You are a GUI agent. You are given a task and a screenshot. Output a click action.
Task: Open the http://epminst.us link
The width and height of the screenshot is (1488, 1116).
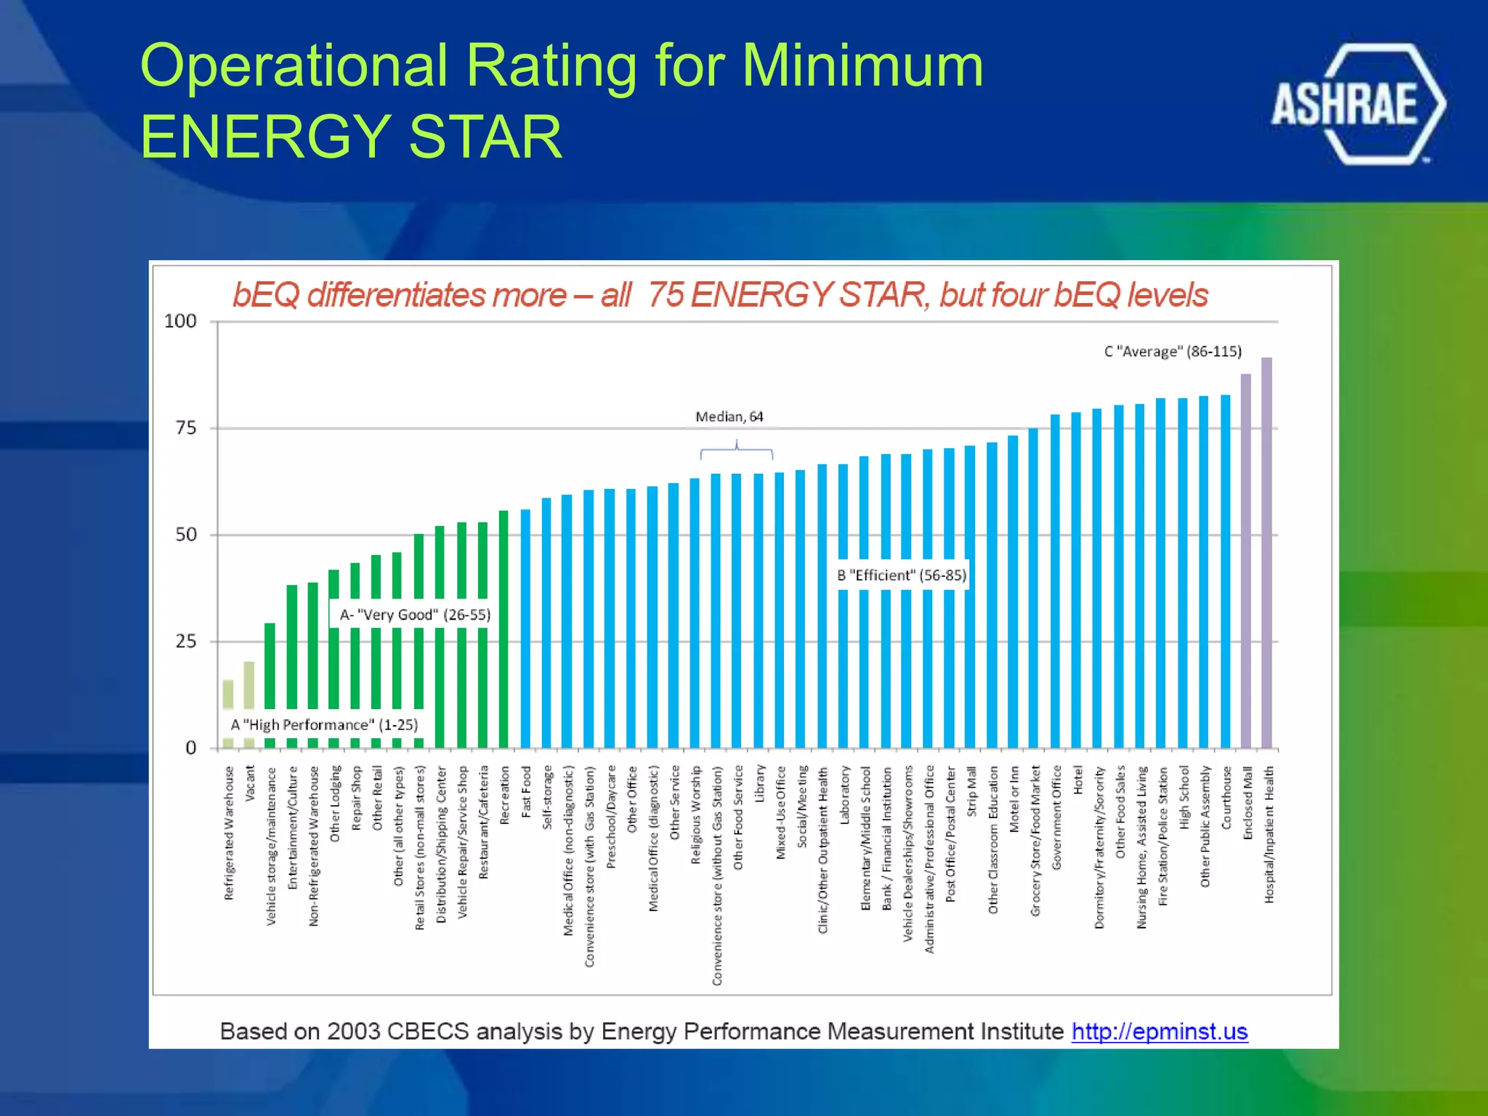pos(1159,1031)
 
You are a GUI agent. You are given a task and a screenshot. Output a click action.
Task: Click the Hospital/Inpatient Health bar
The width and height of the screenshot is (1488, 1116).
pos(1266,552)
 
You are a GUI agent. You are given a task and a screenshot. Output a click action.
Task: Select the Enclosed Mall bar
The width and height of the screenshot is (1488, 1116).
pos(1245,561)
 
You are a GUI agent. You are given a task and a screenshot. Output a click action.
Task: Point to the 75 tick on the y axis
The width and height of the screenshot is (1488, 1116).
pos(186,428)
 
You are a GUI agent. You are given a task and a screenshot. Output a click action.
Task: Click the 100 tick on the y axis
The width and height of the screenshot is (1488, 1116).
pos(180,321)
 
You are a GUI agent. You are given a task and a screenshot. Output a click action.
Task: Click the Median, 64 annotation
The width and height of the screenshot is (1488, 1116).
pos(729,417)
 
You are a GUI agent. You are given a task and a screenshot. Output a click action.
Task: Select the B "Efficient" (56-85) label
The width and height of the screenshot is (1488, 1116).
pos(901,575)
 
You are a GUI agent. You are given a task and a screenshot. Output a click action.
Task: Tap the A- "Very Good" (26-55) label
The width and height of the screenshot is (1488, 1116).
pos(415,615)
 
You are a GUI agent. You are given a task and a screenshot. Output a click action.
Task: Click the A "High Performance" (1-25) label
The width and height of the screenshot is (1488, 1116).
pos(324,725)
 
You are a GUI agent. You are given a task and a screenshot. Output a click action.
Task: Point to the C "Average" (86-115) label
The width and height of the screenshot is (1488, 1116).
pos(1172,352)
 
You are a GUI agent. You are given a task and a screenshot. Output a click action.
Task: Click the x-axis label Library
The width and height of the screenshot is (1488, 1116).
pos(760,783)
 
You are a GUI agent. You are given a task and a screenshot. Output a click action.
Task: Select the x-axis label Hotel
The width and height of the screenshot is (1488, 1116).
pos(1077,780)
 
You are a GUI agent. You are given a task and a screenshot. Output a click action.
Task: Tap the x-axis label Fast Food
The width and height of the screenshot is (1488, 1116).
pos(526,791)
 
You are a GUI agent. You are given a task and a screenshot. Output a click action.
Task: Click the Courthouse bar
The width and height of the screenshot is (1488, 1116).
pos(1225,571)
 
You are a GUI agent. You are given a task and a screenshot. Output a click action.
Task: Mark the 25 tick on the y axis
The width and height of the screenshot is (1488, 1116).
pos(186,642)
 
